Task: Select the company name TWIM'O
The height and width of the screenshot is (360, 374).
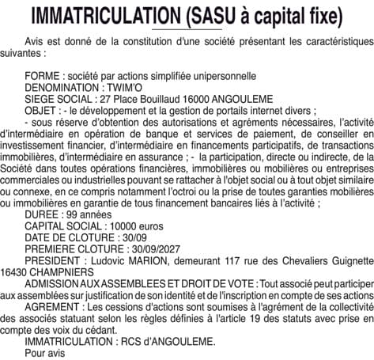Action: [123, 87]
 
